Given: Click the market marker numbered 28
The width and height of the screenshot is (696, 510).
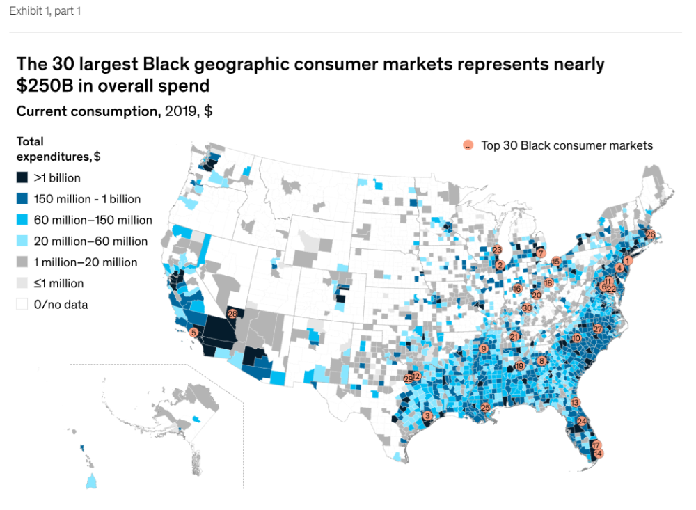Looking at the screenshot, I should coord(232,314).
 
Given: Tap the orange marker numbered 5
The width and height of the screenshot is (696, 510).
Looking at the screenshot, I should coord(193,333).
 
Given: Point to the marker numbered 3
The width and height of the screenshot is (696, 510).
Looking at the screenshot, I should coord(427,416).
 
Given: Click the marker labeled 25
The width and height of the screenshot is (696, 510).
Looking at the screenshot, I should coord(486,408).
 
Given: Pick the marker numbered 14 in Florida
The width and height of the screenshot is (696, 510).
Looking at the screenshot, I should coord(598,454).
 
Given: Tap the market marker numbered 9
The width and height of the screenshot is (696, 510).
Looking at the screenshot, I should coord(483,349).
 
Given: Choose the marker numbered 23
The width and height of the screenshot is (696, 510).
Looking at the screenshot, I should coord(497,250).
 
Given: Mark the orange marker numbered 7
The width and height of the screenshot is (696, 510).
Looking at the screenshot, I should coord(540,253).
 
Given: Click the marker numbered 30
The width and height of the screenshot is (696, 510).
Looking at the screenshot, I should coord(527,307).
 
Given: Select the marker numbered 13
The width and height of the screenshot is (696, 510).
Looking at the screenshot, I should coord(575,402).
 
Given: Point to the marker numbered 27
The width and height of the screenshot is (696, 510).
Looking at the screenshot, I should coord(597,328).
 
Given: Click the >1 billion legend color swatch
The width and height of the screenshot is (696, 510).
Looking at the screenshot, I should coord(22,177).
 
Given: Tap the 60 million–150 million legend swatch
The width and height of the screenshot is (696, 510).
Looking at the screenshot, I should coord(22,220).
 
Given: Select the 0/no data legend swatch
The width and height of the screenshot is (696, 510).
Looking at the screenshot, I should coord(22,304).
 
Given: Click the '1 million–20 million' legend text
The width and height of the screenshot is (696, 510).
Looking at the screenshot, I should coord(86,262).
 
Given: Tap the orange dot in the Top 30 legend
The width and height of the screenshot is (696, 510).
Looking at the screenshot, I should coord(468,145).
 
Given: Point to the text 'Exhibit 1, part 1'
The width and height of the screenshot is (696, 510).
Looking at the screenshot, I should coord(45,11).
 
